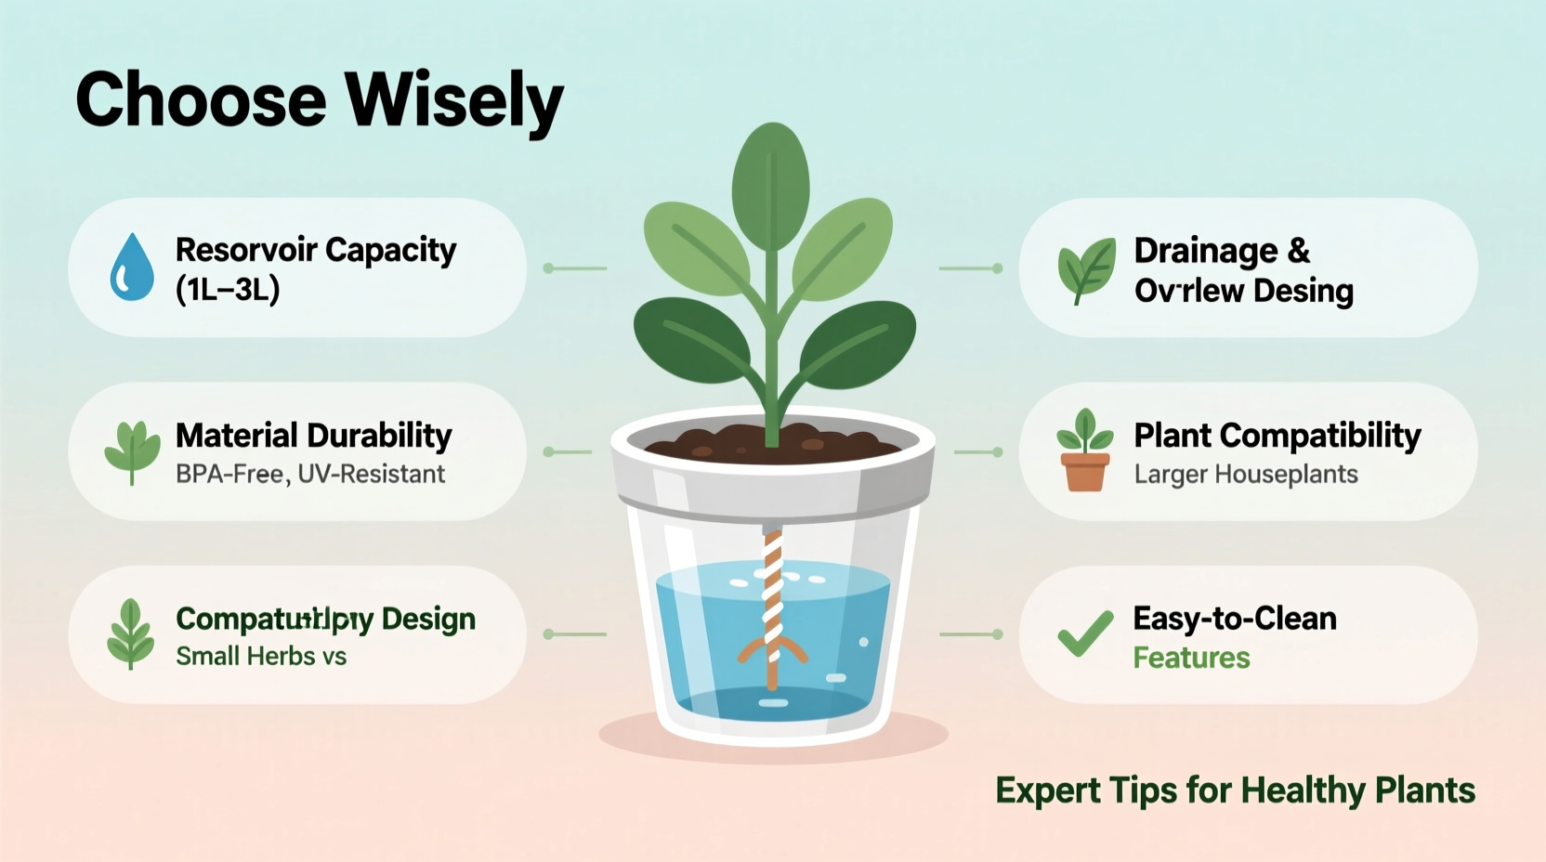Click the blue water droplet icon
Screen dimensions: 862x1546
(x=132, y=268)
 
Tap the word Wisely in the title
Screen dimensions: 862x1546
(x=453, y=100)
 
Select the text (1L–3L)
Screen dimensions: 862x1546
(x=228, y=291)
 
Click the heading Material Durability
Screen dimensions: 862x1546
(x=313, y=435)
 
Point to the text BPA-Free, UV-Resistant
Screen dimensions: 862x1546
(x=310, y=475)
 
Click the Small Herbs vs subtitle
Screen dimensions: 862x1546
(x=261, y=657)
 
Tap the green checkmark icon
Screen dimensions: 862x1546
(x=1085, y=633)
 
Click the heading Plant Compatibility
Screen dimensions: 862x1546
(x=1277, y=435)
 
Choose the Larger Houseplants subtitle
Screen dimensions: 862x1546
(x=1246, y=475)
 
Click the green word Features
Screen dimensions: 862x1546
(x=1191, y=659)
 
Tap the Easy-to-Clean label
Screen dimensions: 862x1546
(x=1235, y=619)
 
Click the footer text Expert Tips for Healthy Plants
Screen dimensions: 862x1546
(x=1235, y=790)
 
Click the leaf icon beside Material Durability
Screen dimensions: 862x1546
(x=132, y=451)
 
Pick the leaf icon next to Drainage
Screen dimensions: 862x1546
(x=1085, y=269)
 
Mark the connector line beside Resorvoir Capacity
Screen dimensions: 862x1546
(x=576, y=268)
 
